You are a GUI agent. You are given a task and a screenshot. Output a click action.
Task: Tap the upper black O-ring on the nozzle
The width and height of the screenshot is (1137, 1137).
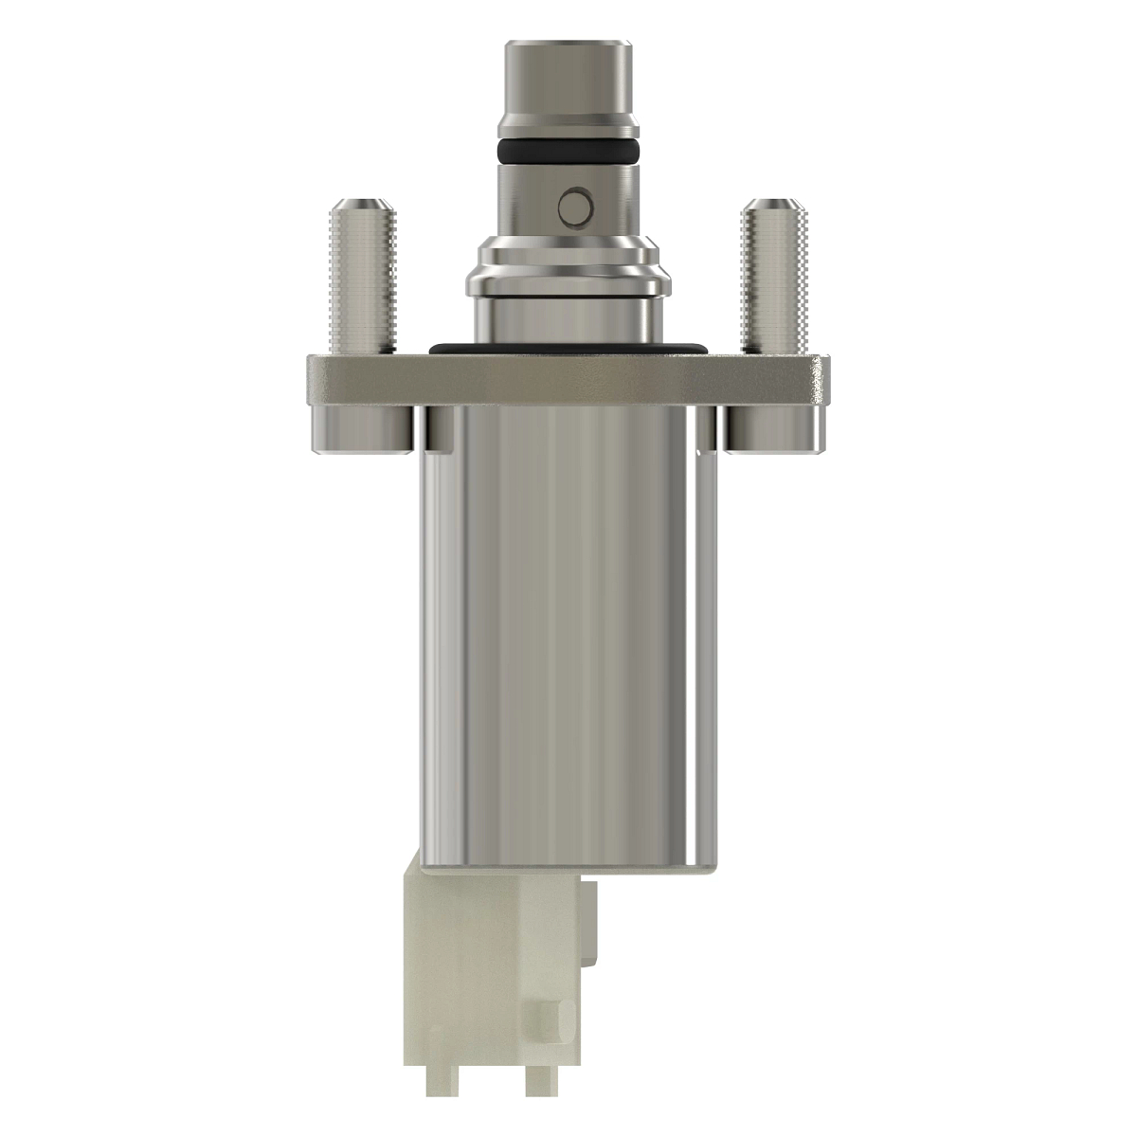566,149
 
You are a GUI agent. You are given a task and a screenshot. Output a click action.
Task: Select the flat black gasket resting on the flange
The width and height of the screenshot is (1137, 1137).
568,347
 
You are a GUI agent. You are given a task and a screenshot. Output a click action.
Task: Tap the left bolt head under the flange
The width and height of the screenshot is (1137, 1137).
360,428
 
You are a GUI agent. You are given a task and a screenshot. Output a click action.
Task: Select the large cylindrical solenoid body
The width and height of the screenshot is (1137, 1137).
568,644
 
